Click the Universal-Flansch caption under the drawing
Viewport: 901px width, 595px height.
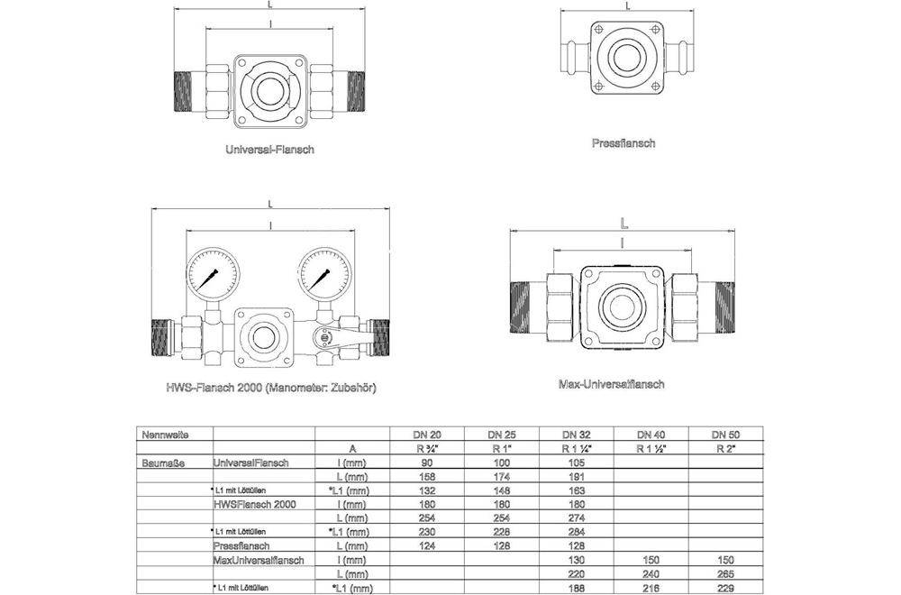269,150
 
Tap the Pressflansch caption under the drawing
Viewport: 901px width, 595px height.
623,142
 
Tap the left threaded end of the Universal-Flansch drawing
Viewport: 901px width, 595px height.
184,89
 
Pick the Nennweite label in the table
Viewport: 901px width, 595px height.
165,435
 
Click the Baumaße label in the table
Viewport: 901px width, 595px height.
164,462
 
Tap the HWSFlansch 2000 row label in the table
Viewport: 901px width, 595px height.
254,504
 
